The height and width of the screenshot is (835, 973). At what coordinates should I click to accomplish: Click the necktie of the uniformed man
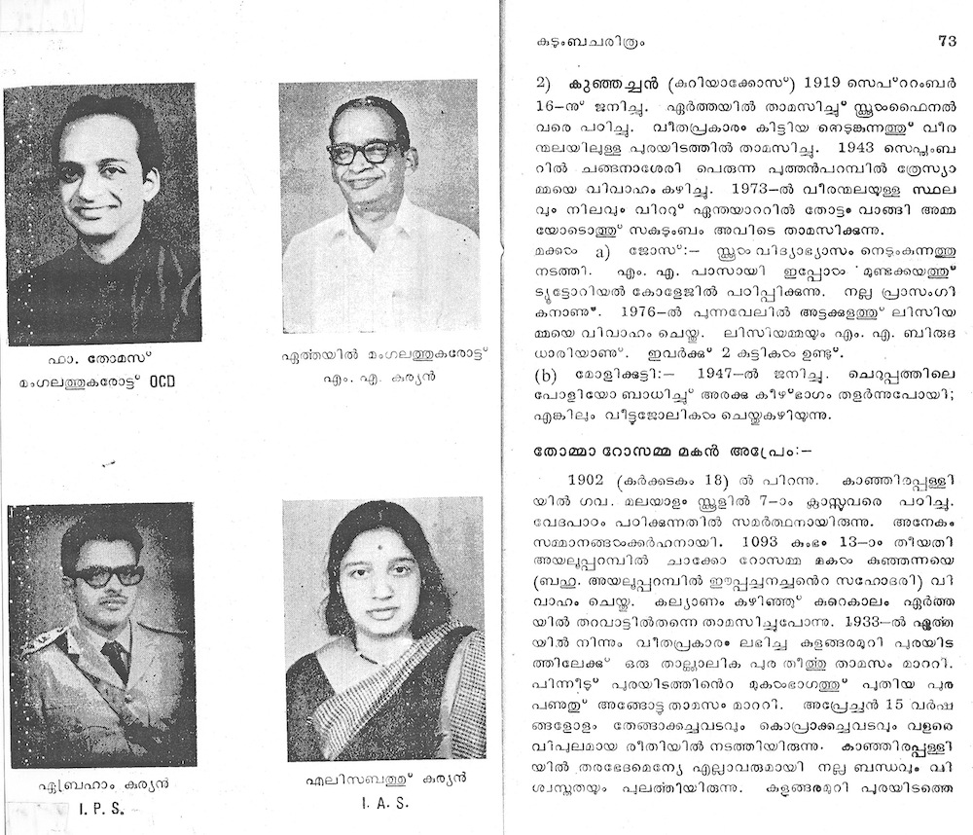point(115,659)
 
